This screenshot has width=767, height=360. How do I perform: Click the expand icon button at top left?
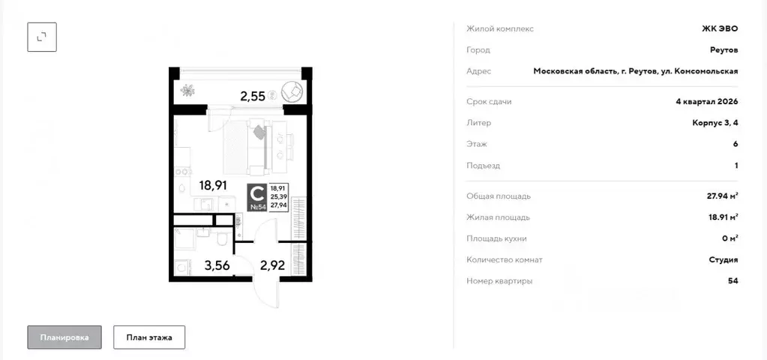[x=42, y=36]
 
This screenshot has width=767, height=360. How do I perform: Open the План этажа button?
[x=149, y=337]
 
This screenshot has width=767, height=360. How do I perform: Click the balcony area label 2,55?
[x=252, y=95]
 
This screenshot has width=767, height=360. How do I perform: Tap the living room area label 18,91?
[x=213, y=184]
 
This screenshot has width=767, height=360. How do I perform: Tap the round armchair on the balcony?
[x=292, y=91]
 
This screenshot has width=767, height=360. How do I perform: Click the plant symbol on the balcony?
[x=188, y=91]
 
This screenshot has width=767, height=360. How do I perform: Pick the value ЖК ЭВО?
[x=719, y=28]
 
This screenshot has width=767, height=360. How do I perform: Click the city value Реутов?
[x=724, y=49]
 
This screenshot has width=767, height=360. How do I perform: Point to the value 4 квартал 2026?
[x=707, y=101]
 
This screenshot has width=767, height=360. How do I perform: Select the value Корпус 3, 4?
[x=715, y=122]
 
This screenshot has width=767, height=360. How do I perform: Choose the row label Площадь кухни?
[x=496, y=238]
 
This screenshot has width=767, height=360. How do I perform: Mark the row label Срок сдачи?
[x=489, y=101]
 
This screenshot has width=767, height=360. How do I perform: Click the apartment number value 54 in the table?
[x=733, y=280]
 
